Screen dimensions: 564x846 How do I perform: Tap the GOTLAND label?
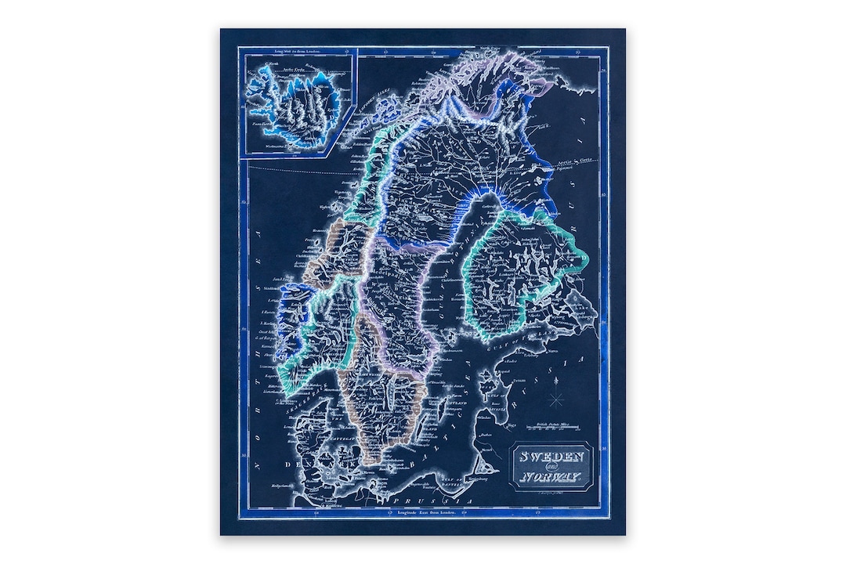click(455, 403)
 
